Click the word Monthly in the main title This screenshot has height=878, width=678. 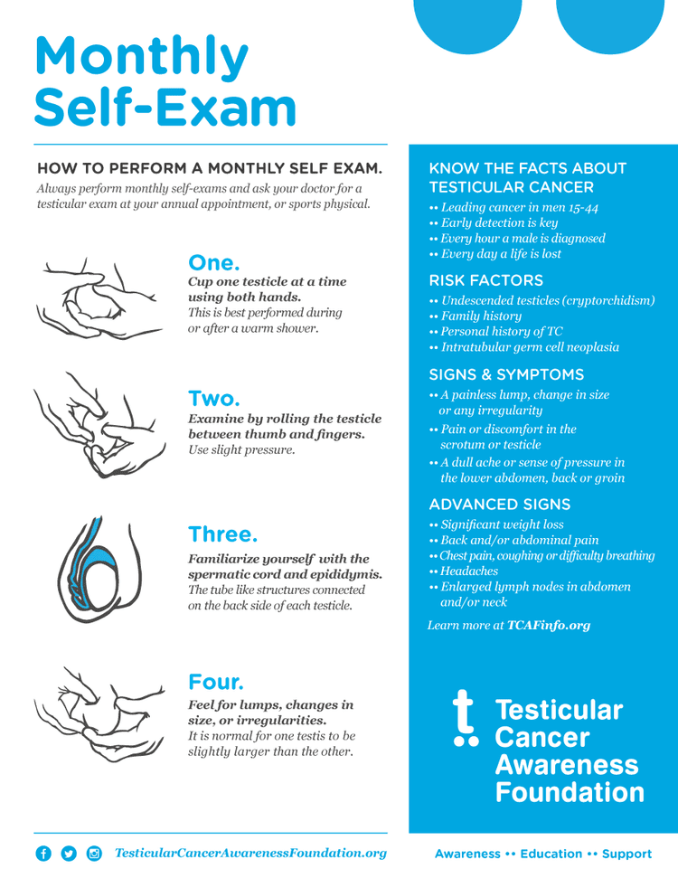[x=141, y=56]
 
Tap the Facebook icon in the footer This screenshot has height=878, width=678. [x=42, y=854]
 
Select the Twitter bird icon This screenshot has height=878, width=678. [x=69, y=854]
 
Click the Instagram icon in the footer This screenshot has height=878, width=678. [x=94, y=854]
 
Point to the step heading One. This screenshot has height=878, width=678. [x=213, y=263]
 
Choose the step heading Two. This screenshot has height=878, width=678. [x=213, y=398]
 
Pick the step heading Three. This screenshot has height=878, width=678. [x=222, y=533]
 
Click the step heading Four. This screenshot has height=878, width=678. [x=216, y=681]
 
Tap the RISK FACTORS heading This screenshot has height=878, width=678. [x=485, y=280]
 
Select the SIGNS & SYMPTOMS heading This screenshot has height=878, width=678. [x=506, y=374]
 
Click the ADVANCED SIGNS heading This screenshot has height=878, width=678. [x=499, y=504]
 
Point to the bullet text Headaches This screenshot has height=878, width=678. [x=468, y=571]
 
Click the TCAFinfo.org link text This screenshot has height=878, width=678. [x=549, y=625]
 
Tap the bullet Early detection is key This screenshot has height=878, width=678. [x=498, y=222]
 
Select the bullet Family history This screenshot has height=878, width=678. [x=481, y=316]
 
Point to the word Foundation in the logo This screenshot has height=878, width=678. [x=570, y=793]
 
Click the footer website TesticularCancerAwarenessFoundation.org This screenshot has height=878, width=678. [x=250, y=853]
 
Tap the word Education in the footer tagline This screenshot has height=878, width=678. [x=551, y=854]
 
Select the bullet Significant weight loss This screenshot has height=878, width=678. [x=502, y=524]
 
